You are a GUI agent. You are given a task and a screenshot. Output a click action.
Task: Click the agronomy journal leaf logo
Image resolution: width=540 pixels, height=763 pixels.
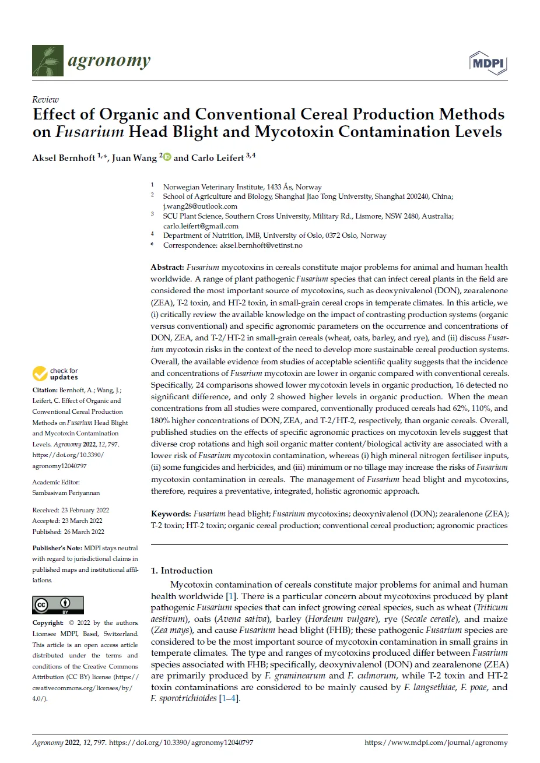point(48,61)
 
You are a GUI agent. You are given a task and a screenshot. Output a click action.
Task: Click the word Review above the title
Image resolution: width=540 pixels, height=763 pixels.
point(45,100)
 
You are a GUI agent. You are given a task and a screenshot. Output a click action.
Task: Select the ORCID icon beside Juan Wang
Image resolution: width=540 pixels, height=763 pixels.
point(167,157)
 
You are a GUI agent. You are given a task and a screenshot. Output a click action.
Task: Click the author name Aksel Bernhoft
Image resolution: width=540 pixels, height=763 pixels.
point(64,158)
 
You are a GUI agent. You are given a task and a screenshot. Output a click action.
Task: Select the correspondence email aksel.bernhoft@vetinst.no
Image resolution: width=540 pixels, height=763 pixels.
point(261,246)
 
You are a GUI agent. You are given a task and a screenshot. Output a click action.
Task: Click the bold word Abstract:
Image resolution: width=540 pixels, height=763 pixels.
point(167,268)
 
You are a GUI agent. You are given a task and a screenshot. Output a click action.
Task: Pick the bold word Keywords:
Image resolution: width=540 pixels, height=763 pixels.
point(171,514)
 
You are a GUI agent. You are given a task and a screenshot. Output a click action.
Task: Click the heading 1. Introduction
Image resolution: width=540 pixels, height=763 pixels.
point(182,571)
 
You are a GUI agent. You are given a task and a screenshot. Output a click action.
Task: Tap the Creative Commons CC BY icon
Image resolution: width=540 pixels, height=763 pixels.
point(58,605)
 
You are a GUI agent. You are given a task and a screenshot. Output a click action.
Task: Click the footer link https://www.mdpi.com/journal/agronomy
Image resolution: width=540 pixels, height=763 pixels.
point(436,743)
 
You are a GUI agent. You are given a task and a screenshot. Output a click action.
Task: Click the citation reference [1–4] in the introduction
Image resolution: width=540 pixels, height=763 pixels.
point(229,698)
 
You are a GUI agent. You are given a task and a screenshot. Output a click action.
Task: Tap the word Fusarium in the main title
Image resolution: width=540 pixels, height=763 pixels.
point(90,132)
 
